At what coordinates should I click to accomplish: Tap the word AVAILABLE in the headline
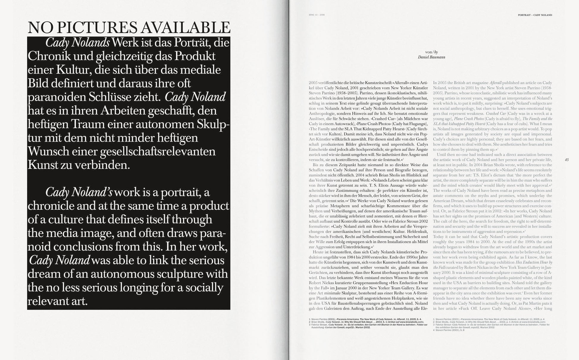click(185, 28)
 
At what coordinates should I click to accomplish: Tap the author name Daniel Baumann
click(431, 57)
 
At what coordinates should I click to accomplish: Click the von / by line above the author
click(431, 52)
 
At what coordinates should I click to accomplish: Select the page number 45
click(567, 160)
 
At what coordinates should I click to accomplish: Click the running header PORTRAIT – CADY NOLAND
click(535, 15)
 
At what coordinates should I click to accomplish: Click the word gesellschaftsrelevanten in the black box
click(158, 151)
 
